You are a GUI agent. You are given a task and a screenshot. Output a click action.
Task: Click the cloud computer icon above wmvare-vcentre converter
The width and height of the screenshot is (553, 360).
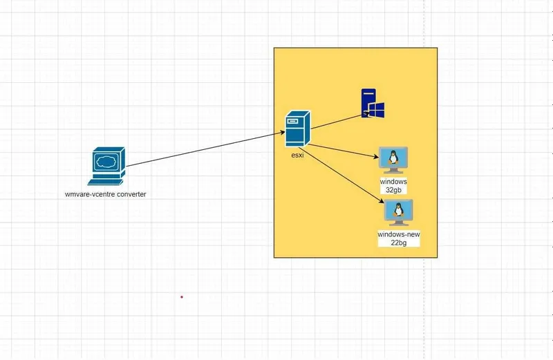[106, 166]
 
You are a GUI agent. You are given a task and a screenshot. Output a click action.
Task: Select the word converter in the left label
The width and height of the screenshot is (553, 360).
[131, 194]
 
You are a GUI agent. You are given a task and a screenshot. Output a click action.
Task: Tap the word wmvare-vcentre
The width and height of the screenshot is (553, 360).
[91, 194]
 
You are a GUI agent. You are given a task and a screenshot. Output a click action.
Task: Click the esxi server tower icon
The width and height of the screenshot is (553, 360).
[298, 129]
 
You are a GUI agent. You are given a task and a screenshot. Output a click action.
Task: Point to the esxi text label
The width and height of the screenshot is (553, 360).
[297, 155]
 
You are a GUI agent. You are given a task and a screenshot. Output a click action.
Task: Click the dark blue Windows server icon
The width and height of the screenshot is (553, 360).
[373, 103]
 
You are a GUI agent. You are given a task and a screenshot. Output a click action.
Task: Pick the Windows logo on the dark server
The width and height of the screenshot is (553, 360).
[376, 110]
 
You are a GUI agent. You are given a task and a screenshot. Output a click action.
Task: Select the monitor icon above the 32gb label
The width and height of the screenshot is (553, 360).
[393, 160]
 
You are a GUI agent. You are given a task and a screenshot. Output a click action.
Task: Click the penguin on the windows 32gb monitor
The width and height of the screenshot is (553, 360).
[393, 158]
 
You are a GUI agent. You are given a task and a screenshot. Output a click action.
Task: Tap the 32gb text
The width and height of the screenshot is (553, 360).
[393, 190]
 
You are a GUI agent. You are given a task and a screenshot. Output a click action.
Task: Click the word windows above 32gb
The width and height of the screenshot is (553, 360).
[393, 182]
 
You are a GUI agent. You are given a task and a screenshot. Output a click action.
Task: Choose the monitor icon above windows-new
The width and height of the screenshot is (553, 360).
[399, 213]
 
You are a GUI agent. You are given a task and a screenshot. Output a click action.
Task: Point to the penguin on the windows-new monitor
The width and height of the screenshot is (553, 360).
[398, 210]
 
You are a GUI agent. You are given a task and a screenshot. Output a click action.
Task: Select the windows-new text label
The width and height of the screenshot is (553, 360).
[399, 234]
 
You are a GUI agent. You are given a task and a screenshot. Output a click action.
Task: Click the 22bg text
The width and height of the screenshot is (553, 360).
[399, 243]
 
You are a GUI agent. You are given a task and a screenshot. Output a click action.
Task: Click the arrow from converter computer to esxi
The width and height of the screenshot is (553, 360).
[205, 149]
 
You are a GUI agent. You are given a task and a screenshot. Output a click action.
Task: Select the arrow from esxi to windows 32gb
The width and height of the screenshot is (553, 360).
[344, 151]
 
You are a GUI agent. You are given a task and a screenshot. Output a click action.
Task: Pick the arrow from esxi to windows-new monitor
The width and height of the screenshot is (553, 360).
[341, 176]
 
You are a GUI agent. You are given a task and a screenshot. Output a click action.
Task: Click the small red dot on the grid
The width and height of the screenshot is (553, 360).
[182, 297]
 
